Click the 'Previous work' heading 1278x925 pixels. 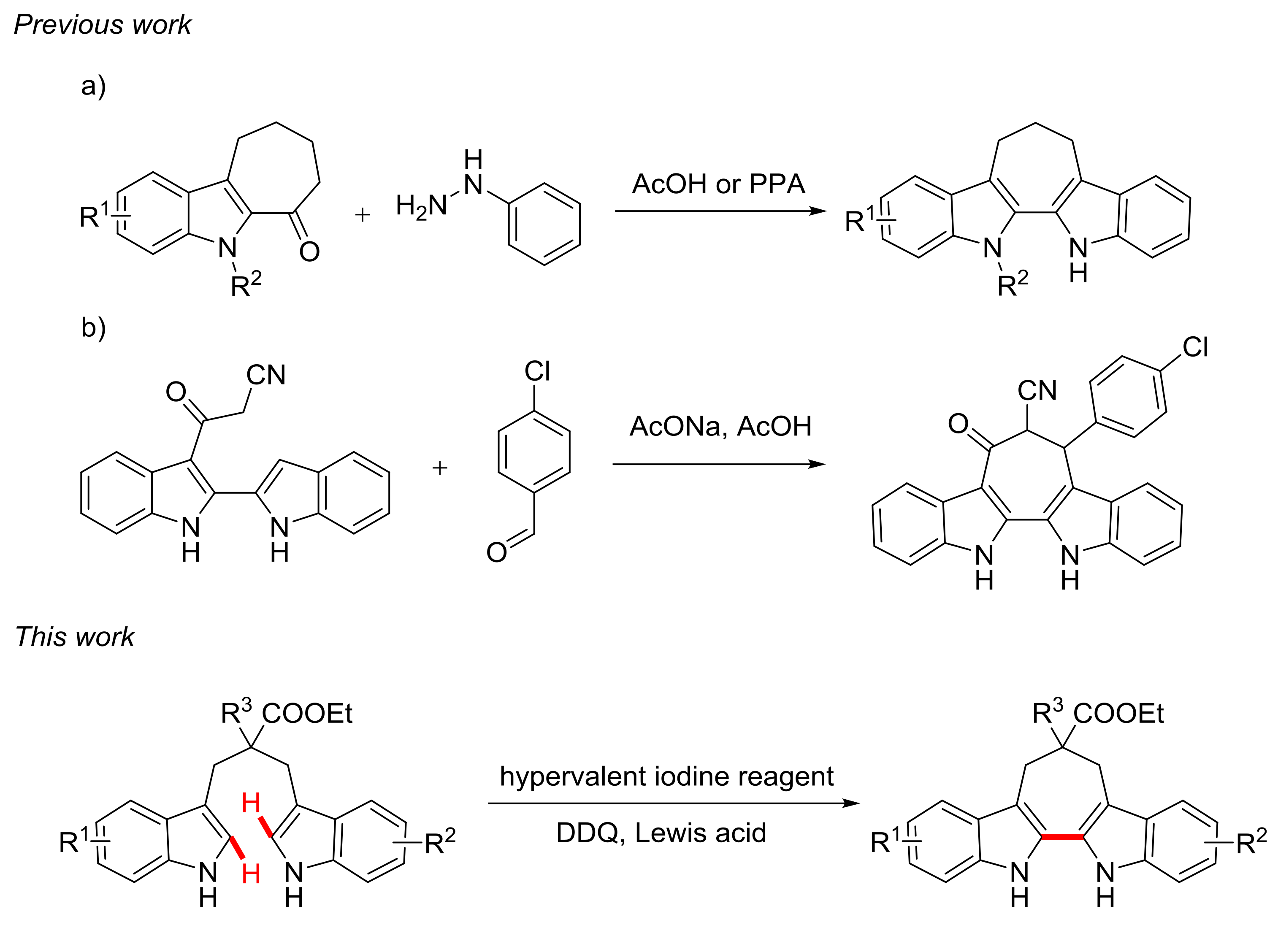point(102,25)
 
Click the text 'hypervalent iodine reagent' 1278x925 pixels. point(666,776)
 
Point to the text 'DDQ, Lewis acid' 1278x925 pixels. point(661,833)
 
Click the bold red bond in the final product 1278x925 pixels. point(1062,838)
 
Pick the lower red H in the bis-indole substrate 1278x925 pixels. point(251,874)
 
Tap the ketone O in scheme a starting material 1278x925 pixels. point(309,252)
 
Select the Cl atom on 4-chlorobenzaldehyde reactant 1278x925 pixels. point(536,371)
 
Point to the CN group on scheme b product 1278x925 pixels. point(1037,390)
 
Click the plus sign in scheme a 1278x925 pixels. point(362,215)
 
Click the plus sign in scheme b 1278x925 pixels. point(439,468)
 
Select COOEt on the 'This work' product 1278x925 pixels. point(1118,714)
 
